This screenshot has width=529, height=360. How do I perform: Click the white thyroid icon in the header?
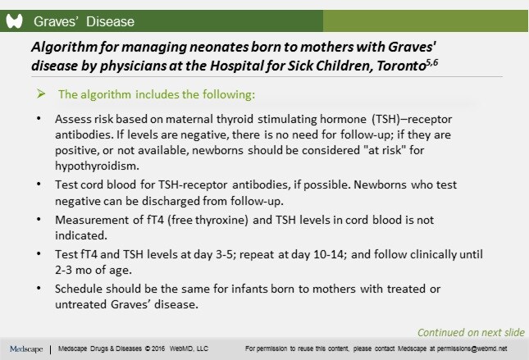point(14,21)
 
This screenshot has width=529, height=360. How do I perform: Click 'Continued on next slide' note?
point(470,332)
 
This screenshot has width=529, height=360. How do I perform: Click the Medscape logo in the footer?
point(27,349)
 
